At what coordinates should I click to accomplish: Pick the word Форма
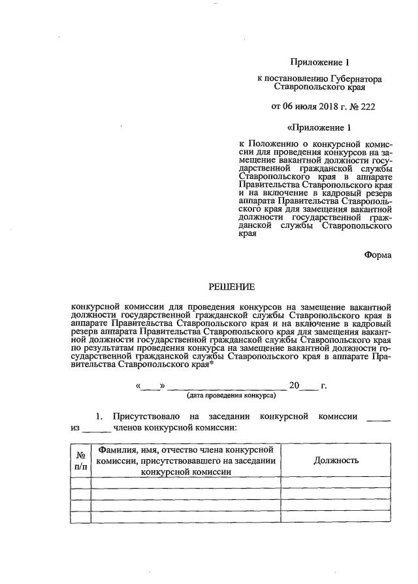378,255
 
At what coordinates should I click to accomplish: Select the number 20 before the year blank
295,386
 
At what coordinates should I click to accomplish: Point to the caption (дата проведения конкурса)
231,396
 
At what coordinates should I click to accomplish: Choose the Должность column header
336,461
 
